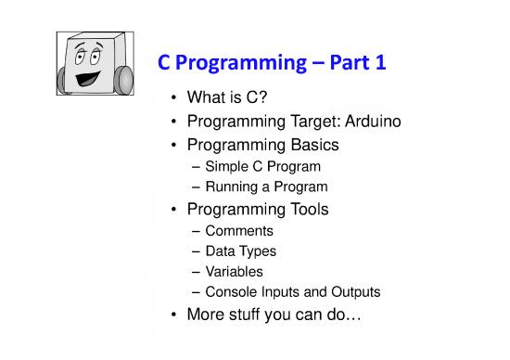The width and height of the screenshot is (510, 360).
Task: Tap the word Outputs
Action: (x=353, y=292)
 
